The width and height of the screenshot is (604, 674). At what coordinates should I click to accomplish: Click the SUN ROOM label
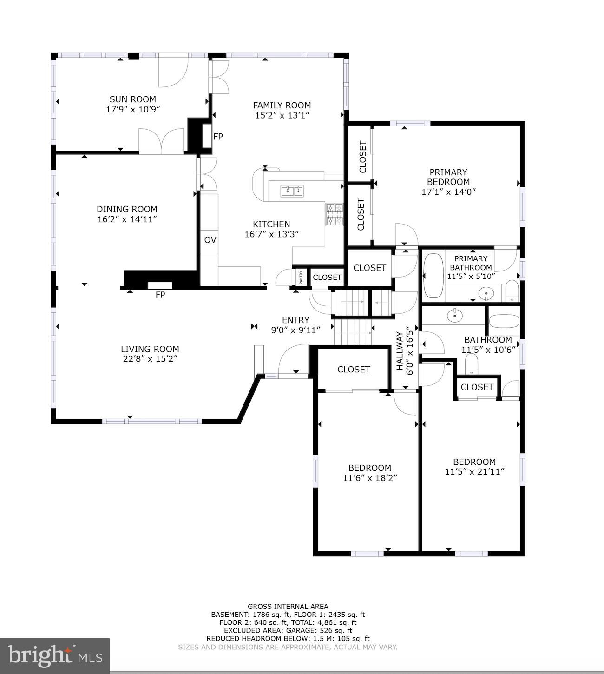pos(133,99)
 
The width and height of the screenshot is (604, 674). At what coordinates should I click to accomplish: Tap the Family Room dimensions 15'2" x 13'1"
pos(282,115)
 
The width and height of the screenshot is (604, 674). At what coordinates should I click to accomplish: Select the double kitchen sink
pos(292,191)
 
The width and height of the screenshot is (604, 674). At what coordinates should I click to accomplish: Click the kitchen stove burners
pos(334,215)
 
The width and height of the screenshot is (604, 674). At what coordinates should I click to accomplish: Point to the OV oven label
pos(210,240)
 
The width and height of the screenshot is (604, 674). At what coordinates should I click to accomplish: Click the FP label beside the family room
pos(218,136)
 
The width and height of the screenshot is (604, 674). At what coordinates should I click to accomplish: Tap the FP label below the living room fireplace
pos(160,295)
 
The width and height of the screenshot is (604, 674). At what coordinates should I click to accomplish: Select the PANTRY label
pos(301,277)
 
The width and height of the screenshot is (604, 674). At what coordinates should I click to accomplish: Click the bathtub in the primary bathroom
pos(433,276)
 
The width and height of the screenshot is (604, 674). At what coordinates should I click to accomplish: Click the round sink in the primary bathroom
pos(486,293)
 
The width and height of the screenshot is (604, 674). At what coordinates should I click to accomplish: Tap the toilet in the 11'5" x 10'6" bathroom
pos(471,364)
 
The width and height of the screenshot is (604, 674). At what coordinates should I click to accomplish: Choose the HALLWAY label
pos(400,350)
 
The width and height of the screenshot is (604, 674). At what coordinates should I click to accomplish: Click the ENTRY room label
pos(295,320)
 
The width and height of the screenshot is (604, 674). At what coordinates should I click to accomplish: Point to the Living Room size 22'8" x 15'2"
pos(150,359)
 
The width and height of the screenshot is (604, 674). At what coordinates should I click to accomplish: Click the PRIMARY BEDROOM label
pos(448,177)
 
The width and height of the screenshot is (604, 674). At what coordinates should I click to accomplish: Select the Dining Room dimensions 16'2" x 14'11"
pos(127,219)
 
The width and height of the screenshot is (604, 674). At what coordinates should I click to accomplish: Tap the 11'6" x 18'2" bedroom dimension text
pos(370,478)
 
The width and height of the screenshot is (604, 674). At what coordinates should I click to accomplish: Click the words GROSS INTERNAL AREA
pos(288,607)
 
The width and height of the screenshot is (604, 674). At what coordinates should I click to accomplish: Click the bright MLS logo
pos(55,656)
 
